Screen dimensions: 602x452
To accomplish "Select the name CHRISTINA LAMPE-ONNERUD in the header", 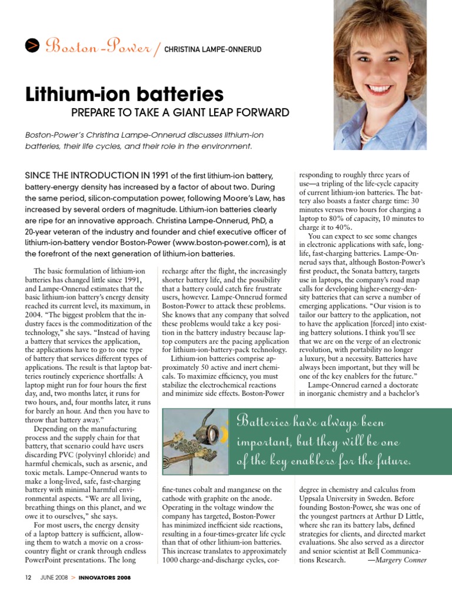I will tap(212, 49).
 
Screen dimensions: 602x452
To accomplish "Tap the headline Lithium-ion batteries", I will tap(124, 93).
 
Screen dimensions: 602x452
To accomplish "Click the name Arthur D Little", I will tap(400, 516).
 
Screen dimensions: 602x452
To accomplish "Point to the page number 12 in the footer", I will tap(28, 578).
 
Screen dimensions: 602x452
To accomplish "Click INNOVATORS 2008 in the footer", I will tap(104, 578).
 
